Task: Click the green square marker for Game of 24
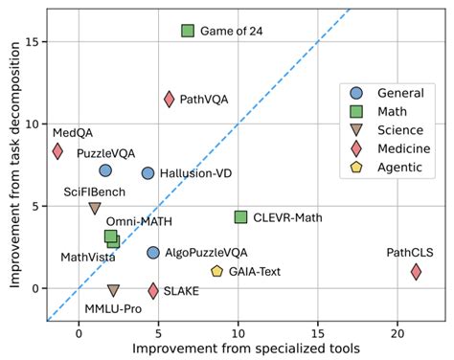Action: click(188, 31)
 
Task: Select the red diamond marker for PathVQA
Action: click(170, 99)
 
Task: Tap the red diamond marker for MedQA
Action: click(57, 151)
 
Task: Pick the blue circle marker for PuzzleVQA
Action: click(105, 170)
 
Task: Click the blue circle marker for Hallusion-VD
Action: click(148, 173)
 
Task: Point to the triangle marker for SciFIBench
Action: click(95, 208)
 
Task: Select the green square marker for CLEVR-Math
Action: click(240, 217)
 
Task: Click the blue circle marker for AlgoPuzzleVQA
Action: click(153, 253)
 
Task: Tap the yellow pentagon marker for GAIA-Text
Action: click(217, 272)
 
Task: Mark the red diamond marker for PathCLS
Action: click(416, 272)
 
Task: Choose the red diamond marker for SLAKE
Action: click(153, 290)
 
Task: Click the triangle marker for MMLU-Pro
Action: click(113, 290)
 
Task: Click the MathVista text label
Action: click(89, 257)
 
